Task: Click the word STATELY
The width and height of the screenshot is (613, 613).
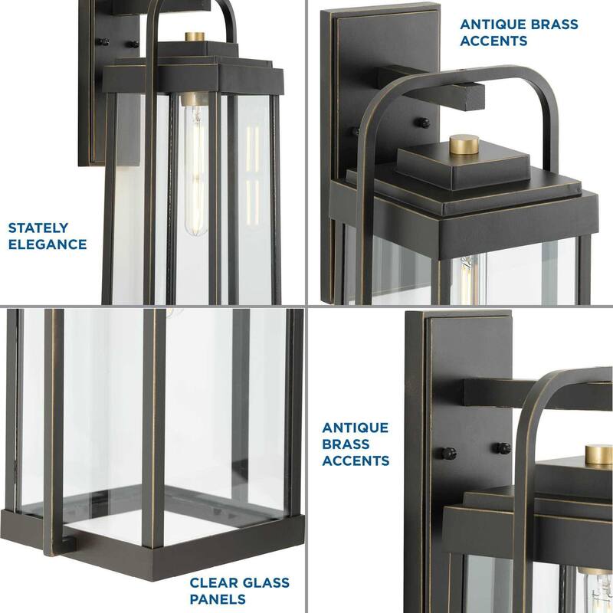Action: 38,228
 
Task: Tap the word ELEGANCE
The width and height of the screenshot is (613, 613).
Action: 48,244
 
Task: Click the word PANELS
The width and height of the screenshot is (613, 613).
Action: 218,599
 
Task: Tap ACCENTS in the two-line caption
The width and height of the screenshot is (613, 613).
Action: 493,41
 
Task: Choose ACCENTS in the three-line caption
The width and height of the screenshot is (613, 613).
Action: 356,461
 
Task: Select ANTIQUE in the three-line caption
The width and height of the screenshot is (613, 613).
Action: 356,428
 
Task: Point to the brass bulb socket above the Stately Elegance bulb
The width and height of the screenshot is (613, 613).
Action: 195,99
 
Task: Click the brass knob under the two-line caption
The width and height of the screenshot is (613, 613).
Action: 464,144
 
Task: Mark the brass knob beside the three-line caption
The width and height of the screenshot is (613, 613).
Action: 599,454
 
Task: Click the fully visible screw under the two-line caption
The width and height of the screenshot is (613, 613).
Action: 424,123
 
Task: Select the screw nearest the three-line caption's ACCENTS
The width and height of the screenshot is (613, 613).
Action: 449,454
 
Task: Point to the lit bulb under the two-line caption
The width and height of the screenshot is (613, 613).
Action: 468,280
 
